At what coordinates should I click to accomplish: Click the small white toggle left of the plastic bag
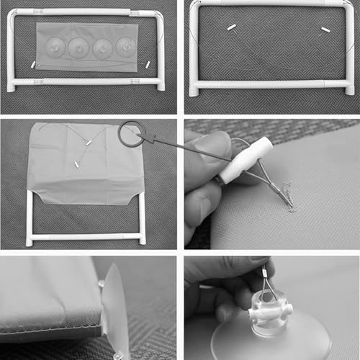pos(32,65)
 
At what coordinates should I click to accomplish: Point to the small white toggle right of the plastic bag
pos(148,65)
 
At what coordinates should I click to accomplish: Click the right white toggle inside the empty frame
pos(324,31)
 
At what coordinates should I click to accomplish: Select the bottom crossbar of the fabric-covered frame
pos(86,236)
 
